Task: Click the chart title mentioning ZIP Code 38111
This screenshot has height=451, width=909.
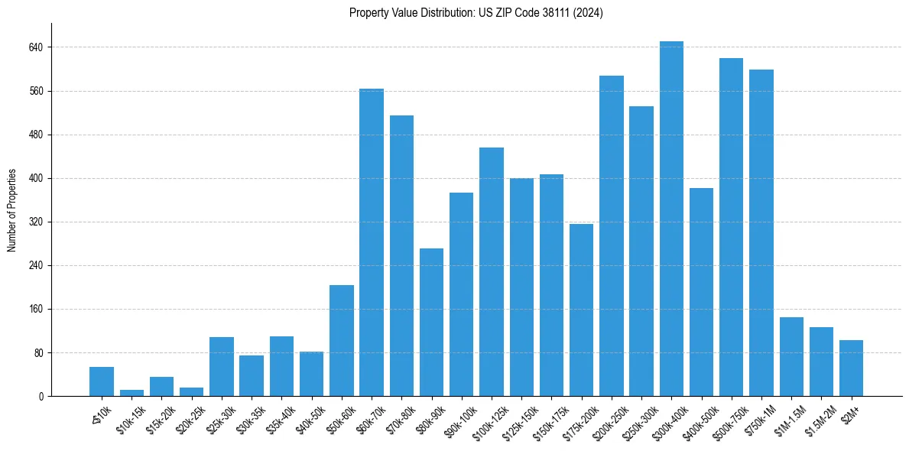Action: point(476,13)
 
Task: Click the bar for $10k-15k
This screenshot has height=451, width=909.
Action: point(131,393)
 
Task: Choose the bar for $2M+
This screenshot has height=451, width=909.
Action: point(851,368)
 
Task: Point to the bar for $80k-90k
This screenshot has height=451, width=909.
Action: point(431,322)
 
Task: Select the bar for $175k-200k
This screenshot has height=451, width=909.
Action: point(581,310)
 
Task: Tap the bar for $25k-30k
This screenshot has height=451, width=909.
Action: point(222,366)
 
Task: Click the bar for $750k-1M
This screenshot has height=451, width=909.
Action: point(761,233)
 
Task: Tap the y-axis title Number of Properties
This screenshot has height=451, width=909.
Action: point(12,210)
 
